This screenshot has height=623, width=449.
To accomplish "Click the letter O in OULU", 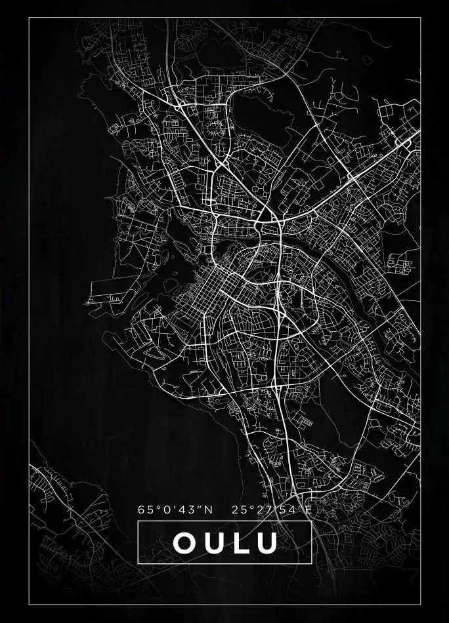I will click(184, 542).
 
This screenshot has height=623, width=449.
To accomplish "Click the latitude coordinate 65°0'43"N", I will click(175, 509).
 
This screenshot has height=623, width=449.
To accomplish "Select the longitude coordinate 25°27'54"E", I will click(272, 509).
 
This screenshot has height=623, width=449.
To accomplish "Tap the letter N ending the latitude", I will click(209, 509).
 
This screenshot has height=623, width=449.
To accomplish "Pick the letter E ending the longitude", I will click(308, 509).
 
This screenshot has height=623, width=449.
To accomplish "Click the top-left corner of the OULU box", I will click(138, 521).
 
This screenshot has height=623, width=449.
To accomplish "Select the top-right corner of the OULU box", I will click(311, 521).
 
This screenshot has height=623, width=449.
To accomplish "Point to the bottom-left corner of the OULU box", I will click(138, 563).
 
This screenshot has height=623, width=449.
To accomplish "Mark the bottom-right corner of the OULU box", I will click(311, 563).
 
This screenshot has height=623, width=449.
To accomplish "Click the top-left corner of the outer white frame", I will click(29, 18).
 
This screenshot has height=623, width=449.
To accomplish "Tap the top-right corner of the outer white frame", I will click(420, 18).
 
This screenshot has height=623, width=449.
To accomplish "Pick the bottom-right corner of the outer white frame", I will click(420, 604).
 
